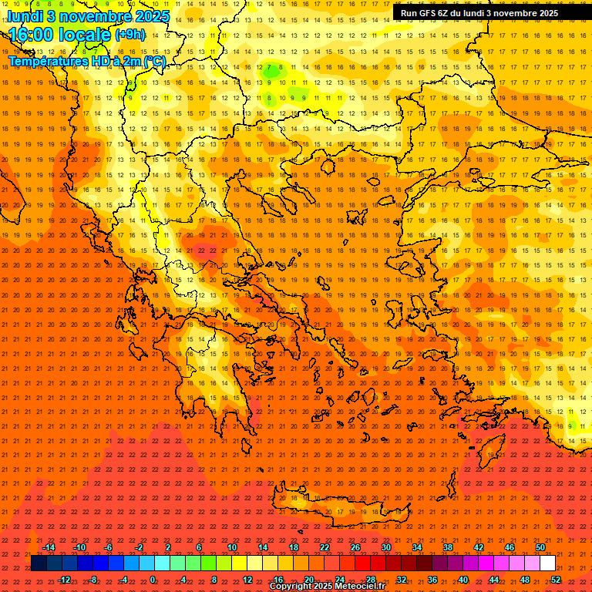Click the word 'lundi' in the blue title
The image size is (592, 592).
(x=24, y=16)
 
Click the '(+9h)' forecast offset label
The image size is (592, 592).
(x=129, y=34)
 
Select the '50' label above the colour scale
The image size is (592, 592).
(x=540, y=547)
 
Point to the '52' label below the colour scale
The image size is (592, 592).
(x=556, y=580)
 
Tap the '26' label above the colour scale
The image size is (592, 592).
(x=355, y=547)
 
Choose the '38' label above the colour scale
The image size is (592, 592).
(x=448, y=547)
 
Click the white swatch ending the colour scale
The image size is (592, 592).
(x=547, y=563)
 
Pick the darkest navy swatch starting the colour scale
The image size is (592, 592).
(x=39, y=563)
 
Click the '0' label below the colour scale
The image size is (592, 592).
(x=153, y=580)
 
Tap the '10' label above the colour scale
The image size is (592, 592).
(x=232, y=547)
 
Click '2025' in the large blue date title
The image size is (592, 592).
(x=150, y=16)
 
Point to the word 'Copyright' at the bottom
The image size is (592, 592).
(x=291, y=587)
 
